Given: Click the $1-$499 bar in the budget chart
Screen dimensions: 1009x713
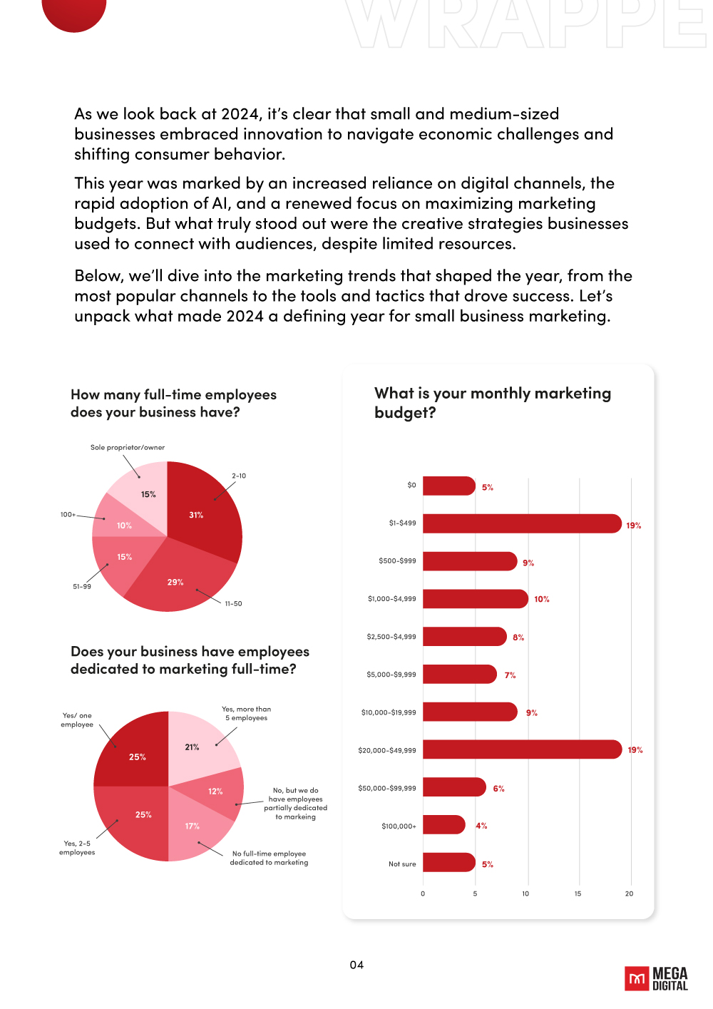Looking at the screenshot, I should tap(520, 523).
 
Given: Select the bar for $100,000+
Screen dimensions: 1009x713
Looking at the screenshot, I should tap(443, 825).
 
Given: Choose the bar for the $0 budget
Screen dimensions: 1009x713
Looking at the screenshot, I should tap(448, 486).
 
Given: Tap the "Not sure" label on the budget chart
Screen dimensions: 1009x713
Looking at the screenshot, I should tap(402, 864).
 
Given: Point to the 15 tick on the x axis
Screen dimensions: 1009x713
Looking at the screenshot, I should tap(578, 893).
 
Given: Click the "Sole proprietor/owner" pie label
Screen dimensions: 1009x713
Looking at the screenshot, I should tap(128, 448).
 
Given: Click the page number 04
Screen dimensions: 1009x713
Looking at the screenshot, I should tap(356, 965).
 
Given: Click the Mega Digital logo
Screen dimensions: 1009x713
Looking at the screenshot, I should tap(656, 978).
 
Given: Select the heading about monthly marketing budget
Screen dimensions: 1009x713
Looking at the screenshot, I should tap(492, 403).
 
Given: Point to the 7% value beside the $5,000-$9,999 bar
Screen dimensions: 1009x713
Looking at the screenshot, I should tap(510, 675).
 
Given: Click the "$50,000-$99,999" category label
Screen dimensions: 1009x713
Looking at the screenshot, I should tap(387, 788).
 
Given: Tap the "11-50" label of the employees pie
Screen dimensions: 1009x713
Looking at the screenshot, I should tap(233, 604).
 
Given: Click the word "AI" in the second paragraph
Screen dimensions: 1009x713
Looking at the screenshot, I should tap(220, 204).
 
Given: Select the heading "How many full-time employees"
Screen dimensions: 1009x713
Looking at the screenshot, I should tap(173, 395).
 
